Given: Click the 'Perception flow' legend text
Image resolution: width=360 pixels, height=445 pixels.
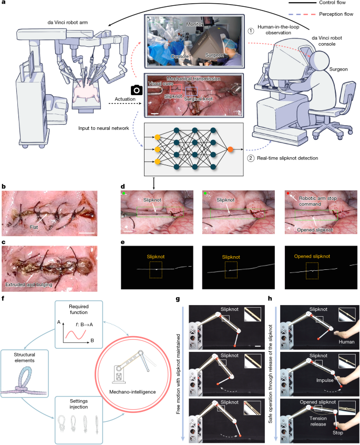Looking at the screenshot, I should [x=340, y=14].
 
